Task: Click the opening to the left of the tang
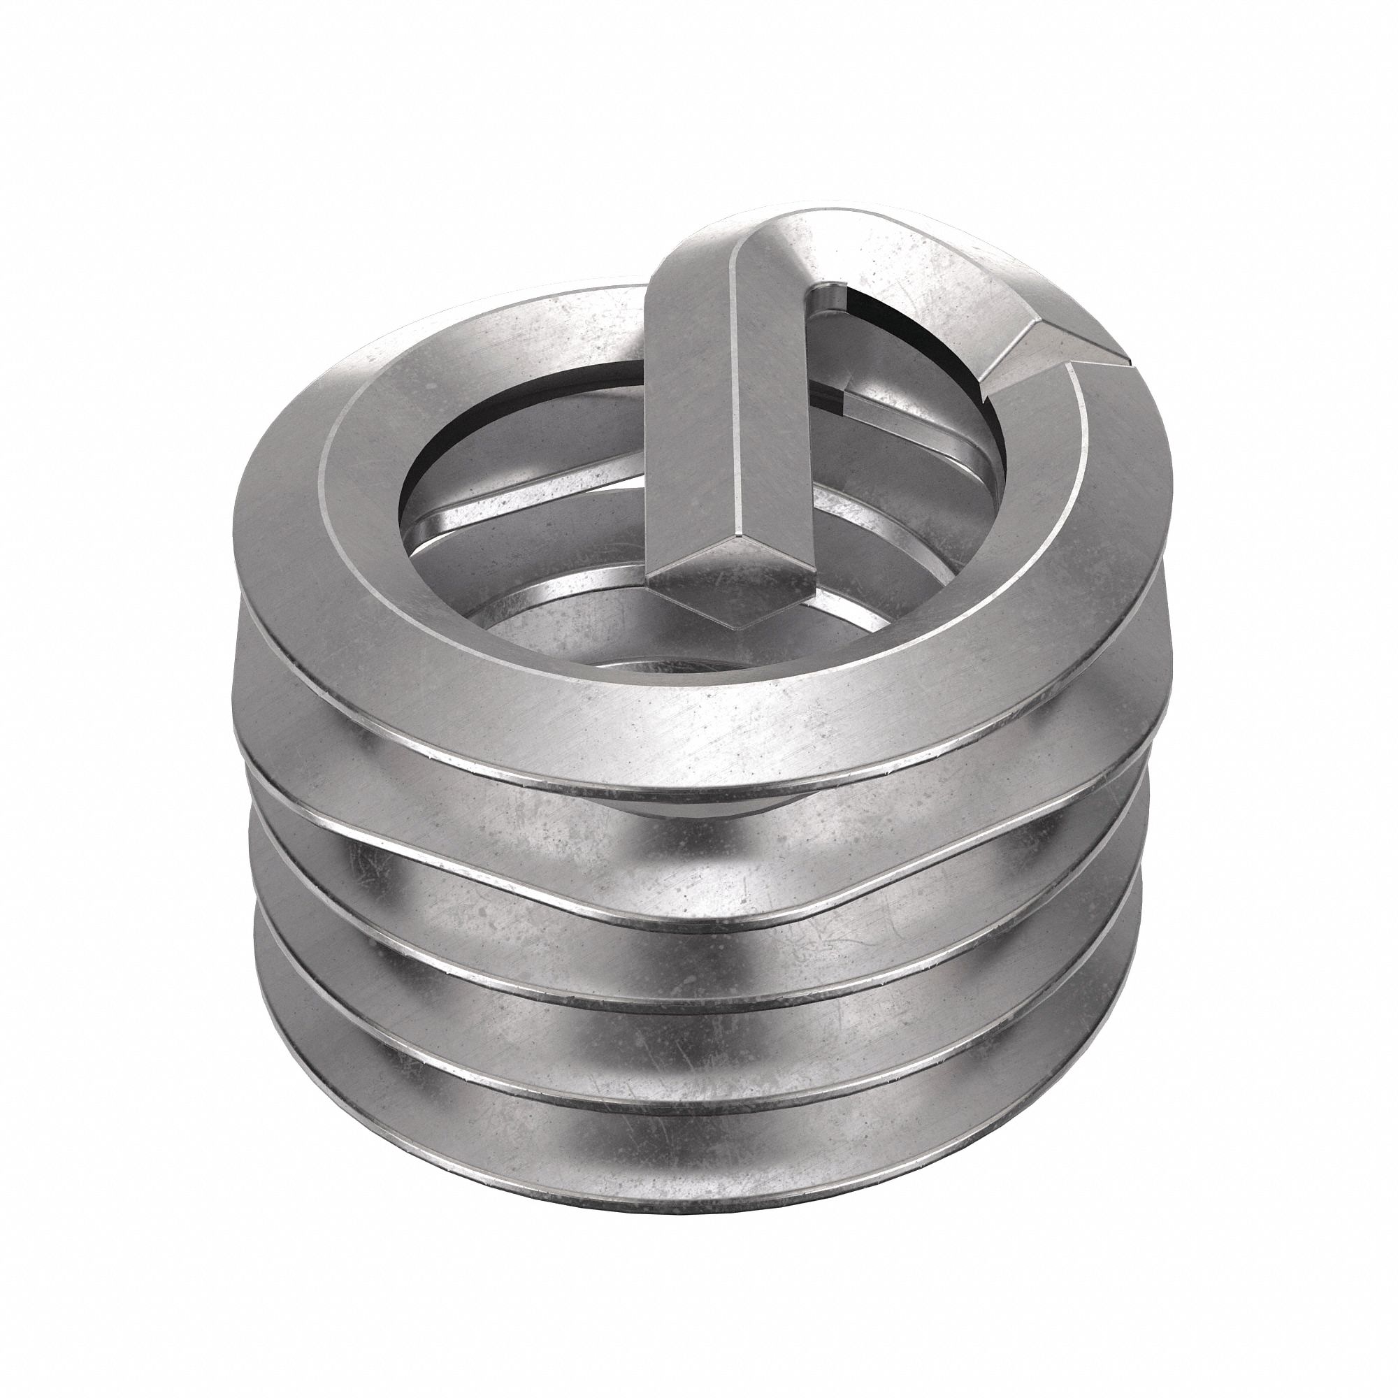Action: click(x=521, y=463)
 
